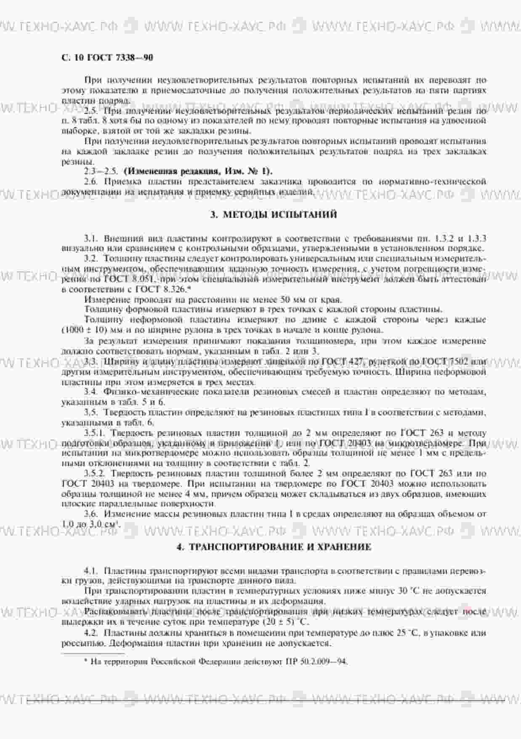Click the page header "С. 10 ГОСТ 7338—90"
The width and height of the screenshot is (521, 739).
click(x=107, y=58)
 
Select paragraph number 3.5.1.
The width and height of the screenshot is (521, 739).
click(x=94, y=433)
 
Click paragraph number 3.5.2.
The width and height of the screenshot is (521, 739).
click(x=94, y=473)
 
